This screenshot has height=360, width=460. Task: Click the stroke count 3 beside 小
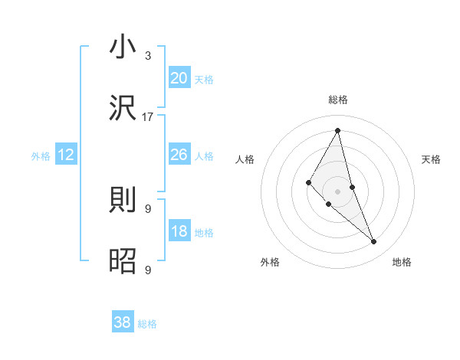pos(148,56)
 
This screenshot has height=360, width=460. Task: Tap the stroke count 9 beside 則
pos(148,208)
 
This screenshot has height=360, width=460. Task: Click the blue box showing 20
pos(179,78)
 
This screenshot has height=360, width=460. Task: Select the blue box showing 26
pos(179,155)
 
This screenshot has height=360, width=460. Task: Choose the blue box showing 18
pos(179,232)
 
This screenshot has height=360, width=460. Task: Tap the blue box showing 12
pos(66,155)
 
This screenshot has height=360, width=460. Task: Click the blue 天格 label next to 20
pos(204,80)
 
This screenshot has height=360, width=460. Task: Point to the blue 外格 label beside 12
pos(41,156)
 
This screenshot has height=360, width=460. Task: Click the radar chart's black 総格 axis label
pos(338,100)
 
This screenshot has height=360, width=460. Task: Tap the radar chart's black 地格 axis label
pos(402,262)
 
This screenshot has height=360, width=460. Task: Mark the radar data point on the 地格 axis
pos(374,242)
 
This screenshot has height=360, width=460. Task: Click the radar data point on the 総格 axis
pos(338,130)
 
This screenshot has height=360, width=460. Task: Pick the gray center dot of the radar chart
pos(338,191)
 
